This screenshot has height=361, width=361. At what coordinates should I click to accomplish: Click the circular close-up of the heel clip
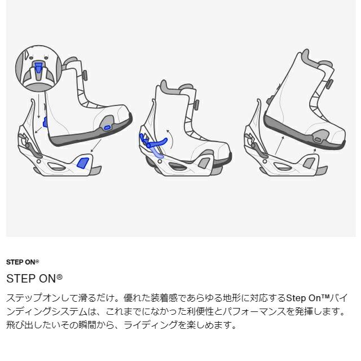point(38,69)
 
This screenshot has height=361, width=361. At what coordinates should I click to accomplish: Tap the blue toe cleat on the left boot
point(107,128)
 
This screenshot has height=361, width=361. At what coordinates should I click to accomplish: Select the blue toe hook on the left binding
point(82,163)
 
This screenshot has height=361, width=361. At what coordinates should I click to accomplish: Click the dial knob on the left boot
point(85,74)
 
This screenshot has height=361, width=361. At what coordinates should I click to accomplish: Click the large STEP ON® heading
point(34,279)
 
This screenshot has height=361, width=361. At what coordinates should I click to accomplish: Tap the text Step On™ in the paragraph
point(310,298)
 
